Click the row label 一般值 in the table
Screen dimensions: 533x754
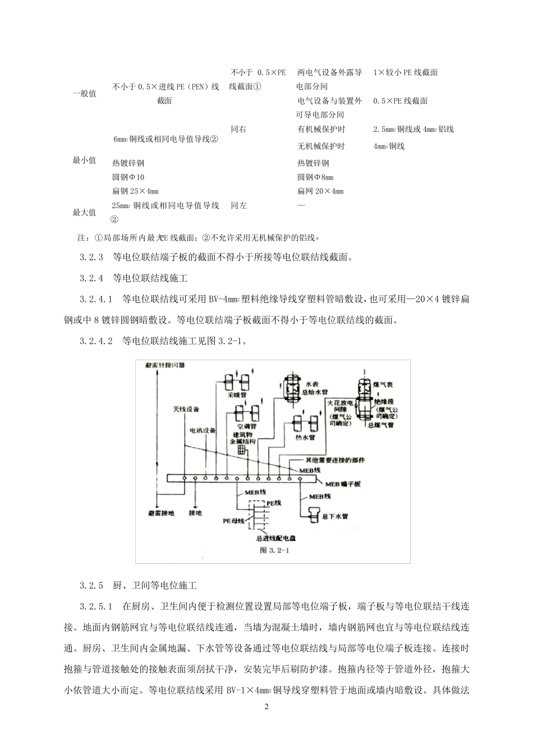click(x=85, y=94)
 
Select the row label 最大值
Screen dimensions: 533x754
click(x=85, y=213)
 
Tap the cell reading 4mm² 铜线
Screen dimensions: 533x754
click(x=389, y=146)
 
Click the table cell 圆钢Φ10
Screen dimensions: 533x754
click(x=128, y=177)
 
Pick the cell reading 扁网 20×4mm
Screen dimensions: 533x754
click(x=320, y=191)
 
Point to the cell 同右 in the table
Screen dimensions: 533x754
click(x=238, y=129)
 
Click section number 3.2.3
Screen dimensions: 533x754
click(x=93, y=258)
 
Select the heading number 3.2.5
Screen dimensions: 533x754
click(x=93, y=586)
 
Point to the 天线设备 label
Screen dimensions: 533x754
click(x=186, y=410)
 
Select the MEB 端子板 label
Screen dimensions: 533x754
click(x=342, y=483)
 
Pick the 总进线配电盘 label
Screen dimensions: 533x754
click(x=275, y=537)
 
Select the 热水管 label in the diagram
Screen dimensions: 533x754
click(x=305, y=438)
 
